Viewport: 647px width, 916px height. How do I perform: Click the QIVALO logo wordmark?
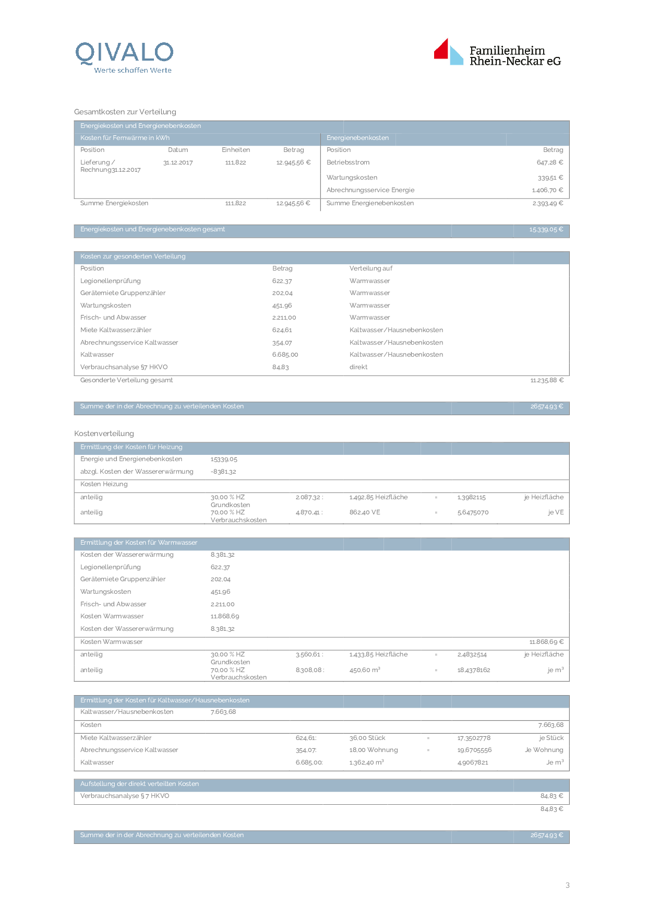point(124,53)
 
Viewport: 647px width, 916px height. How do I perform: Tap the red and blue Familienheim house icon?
point(448,52)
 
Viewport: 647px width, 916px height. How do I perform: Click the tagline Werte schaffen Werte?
point(133,71)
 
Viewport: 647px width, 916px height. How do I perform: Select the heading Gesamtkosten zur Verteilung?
point(125,112)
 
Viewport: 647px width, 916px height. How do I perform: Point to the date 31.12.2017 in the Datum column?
point(178,163)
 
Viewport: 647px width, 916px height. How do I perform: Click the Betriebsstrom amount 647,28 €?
point(549,162)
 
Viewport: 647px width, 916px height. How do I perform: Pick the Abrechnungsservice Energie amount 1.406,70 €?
point(547,190)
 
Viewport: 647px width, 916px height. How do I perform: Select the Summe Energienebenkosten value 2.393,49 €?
point(547,203)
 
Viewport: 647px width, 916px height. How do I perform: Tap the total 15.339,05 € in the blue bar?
point(546,229)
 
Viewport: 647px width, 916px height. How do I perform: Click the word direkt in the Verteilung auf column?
point(358,367)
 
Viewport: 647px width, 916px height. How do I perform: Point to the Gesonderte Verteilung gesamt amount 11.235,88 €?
point(547,380)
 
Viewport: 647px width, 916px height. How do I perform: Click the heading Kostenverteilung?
point(104,433)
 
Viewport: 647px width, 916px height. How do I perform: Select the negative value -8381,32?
point(223,472)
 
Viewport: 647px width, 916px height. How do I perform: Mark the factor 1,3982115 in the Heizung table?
point(471,497)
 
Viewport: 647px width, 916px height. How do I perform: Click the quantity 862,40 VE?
point(365,512)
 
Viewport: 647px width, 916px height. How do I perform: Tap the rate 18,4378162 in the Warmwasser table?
point(473,670)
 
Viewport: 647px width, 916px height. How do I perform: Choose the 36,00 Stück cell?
point(367,738)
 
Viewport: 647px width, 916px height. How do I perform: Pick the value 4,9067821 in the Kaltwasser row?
point(473,762)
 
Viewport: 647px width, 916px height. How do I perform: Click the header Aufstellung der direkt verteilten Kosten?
point(139,784)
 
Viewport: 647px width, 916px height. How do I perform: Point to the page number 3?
point(567,885)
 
